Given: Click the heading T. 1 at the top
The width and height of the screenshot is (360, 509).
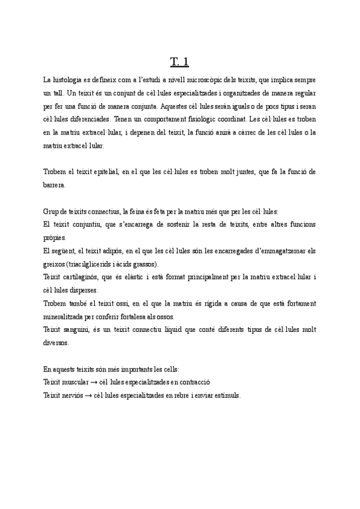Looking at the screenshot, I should click(x=180, y=61).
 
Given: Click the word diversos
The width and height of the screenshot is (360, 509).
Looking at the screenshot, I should click(x=56, y=343).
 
